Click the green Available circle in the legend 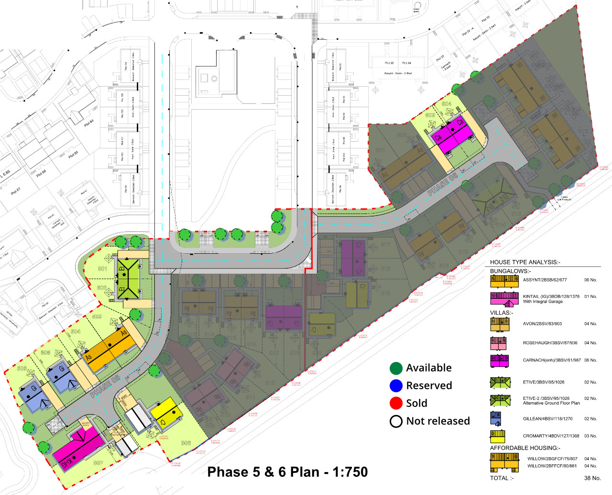pos(396,368)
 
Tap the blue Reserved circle pos(396,386)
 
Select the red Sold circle pos(396,403)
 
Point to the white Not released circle pos(396,421)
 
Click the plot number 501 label pos(102,269)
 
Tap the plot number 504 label pos(76,331)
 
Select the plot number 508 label pos(186,443)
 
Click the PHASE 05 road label pos(105,387)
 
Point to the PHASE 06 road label pos(442,184)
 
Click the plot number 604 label pos(447,104)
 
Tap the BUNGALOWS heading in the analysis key pos(509,271)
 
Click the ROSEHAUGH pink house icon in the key pos(498,343)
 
